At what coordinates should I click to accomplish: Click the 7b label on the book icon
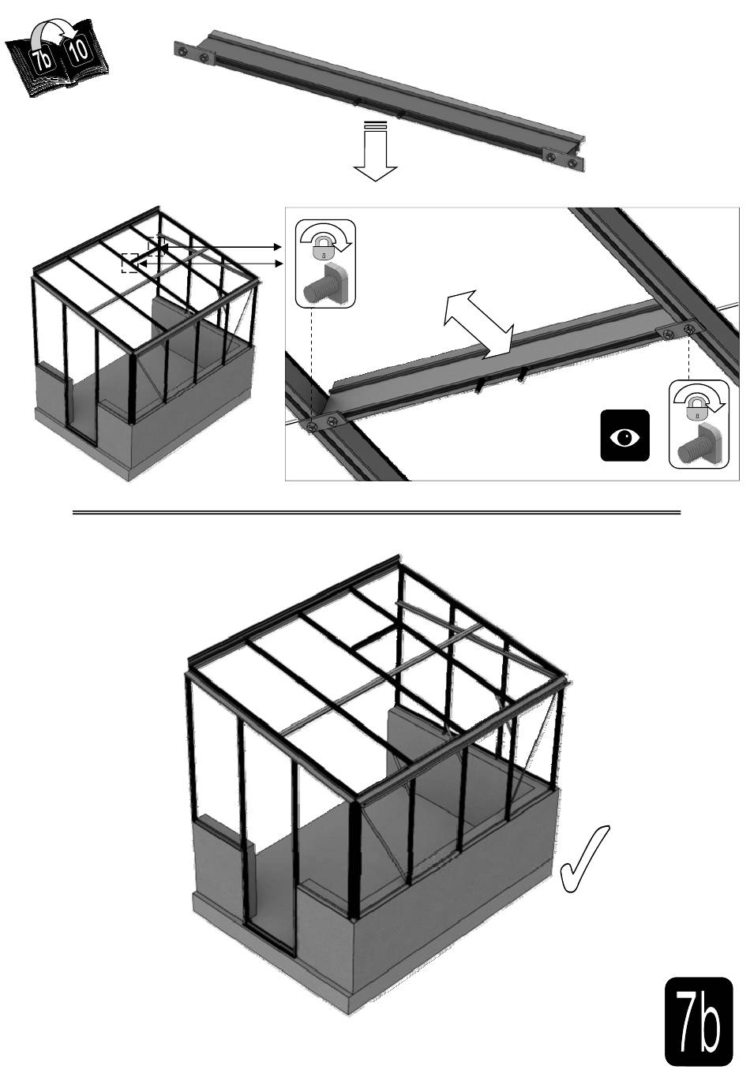pyautogui.click(x=41, y=60)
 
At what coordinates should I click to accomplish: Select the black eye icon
pyautogui.click(x=624, y=436)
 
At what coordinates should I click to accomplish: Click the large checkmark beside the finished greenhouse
pyautogui.click(x=583, y=858)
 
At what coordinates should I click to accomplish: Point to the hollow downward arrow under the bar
pyautogui.click(x=375, y=151)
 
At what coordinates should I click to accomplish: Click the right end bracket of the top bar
pyautogui.click(x=564, y=159)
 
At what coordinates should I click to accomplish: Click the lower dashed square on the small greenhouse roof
pyautogui.click(x=130, y=263)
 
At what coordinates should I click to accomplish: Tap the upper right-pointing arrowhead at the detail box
pyautogui.click(x=278, y=247)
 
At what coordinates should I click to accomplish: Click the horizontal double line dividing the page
pyautogui.click(x=377, y=512)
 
